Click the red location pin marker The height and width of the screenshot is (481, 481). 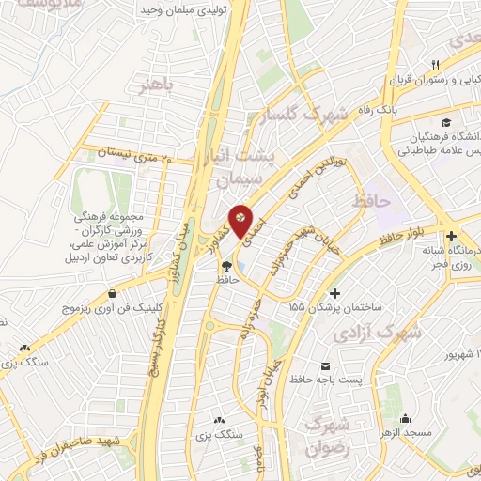pyautogui.click(x=243, y=221)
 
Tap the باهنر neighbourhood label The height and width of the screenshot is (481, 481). pyautogui.click(x=157, y=86)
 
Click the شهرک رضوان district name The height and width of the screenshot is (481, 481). pyautogui.click(x=328, y=435)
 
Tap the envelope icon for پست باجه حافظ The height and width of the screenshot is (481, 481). pyautogui.click(x=325, y=364)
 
